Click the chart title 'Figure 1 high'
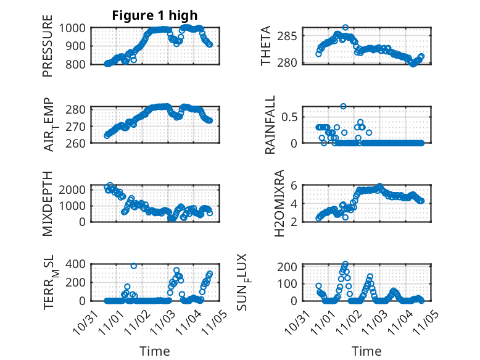click(x=155, y=15)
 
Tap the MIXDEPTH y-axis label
click(x=48, y=203)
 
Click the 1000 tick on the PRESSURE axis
click(x=76, y=28)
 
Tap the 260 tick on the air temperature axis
click(x=79, y=143)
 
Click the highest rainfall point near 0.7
click(x=343, y=106)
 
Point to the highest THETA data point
click(x=346, y=27)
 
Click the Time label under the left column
click(x=154, y=351)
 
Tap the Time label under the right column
click(x=366, y=351)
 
